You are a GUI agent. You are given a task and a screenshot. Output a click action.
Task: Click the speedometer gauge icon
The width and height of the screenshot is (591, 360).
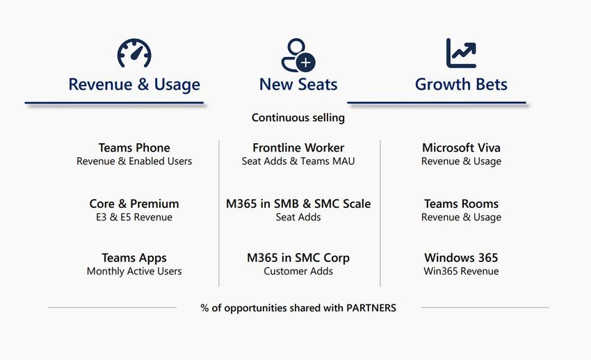pos(134,54)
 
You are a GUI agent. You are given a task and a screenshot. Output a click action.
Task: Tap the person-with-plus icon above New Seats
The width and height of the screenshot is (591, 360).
pos(298,55)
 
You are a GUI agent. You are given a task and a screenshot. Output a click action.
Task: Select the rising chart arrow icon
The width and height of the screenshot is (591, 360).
pos(461,53)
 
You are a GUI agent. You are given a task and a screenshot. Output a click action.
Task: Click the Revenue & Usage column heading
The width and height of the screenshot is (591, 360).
pos(134,84)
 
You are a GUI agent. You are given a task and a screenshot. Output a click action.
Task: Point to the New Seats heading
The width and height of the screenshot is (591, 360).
pos(298,84)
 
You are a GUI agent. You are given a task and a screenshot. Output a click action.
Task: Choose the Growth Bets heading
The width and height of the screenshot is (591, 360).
pos(461,84)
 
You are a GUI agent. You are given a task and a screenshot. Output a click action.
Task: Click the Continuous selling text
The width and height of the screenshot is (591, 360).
pos(298,118)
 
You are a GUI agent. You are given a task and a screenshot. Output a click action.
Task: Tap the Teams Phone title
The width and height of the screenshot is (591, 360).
pos(134,147)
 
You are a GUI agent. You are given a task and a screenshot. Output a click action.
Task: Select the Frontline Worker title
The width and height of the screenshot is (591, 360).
pos(298,147)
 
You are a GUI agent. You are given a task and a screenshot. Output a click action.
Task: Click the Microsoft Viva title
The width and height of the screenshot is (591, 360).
pos(461,147)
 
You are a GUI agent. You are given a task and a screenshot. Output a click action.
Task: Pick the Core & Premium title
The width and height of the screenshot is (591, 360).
pos(134,204)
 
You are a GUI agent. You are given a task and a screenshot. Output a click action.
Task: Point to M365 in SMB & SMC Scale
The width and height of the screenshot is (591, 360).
pos(298,204)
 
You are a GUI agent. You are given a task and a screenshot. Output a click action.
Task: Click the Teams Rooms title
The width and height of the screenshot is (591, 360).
pos(461,204)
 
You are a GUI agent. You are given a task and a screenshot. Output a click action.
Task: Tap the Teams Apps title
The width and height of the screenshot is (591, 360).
pos(134,258)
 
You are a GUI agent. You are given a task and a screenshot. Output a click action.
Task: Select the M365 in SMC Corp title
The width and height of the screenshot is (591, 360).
pos(298,258)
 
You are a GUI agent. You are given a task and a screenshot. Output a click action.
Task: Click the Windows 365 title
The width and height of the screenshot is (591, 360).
pos(461,258)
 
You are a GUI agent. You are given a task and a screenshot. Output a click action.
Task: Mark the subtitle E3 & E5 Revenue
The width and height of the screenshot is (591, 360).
pos(134,218)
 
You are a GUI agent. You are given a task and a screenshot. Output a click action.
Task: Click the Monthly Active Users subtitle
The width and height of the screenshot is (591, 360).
pos(134,272)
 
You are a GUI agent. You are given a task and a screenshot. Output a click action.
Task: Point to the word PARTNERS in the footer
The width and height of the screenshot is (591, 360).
pos(371,308)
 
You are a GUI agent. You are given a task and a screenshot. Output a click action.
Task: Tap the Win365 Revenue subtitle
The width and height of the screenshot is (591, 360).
pos(461,272)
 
